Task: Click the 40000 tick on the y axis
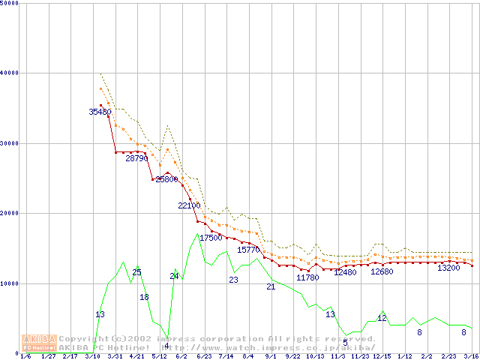pos(10,73)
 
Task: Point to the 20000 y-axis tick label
pos(10,213)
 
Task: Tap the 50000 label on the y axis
pos(10,4)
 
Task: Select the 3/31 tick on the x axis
pos(115,356)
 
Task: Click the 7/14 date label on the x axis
pos(226,356)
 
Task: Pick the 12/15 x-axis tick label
pos(382,356)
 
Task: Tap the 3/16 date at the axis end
pos(471,356)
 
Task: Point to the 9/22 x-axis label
pos(292,356)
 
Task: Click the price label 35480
pos(100,112)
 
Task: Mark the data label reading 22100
pos(189,205)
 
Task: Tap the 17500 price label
pos(211,238)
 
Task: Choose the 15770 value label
pos(248,250)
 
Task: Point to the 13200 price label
pos(448,268)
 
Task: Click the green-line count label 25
pos(136,272)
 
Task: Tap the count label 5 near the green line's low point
pos(345,342)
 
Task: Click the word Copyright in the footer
pos(83,339)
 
